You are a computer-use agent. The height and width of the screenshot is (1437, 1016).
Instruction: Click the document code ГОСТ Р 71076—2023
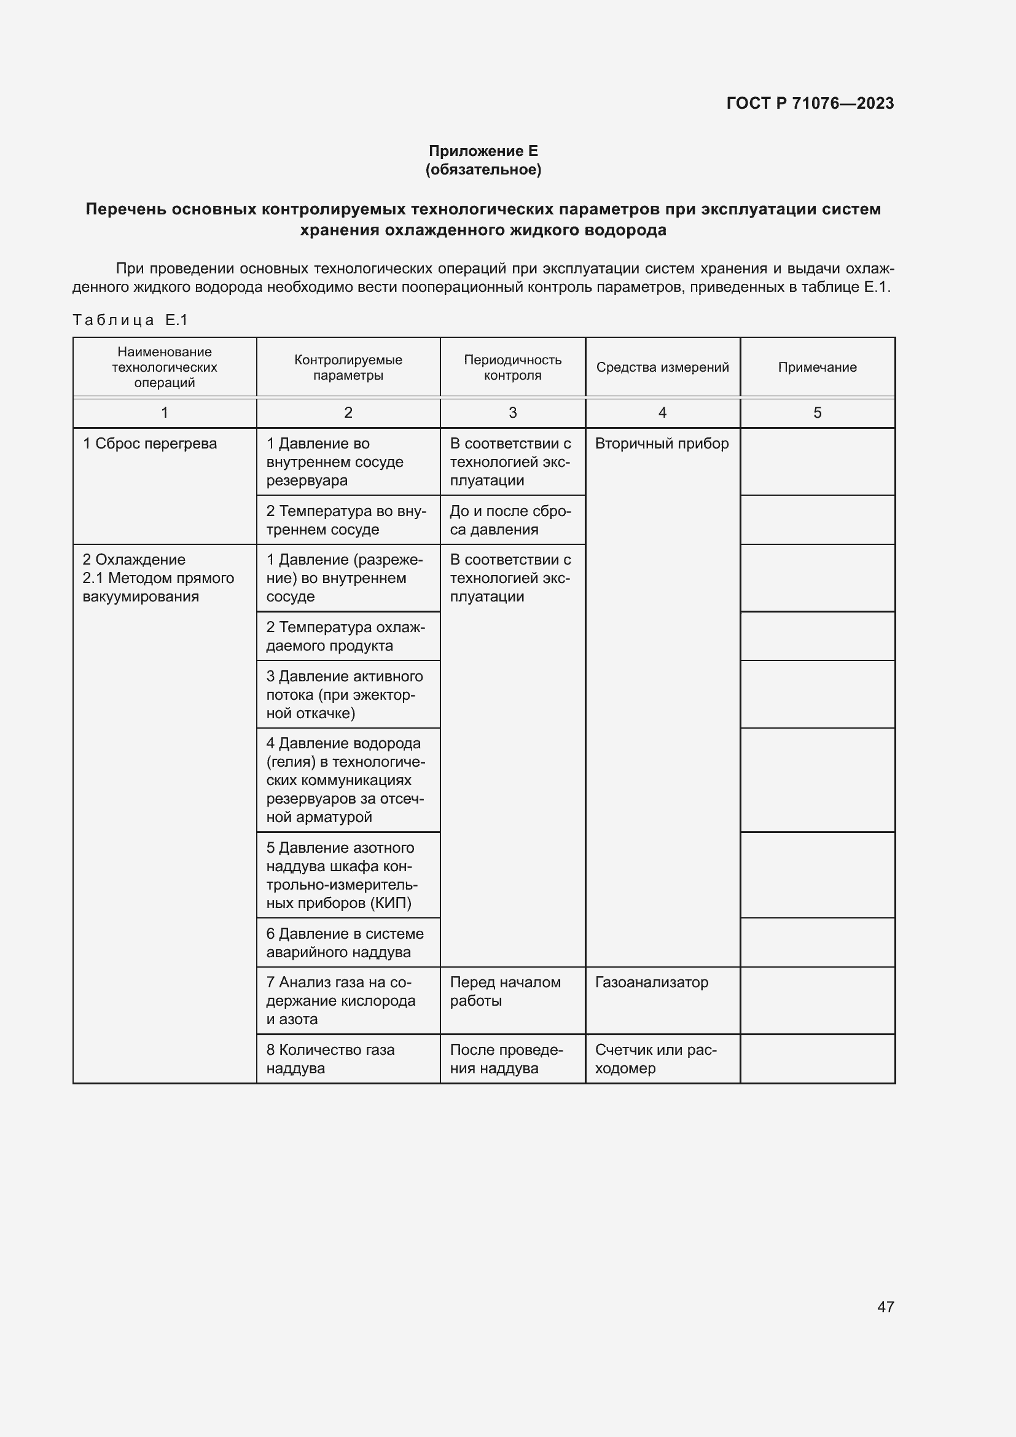tap(810, 103)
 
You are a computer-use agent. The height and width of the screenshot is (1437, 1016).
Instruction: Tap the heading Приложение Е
tap(483, 151)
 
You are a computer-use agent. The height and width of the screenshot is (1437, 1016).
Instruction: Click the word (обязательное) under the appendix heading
tap(483, 170)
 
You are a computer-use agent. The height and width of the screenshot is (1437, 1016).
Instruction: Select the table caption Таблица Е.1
tap(130, 320)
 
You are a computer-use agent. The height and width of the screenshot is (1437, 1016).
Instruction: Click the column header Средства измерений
tap(662, 367)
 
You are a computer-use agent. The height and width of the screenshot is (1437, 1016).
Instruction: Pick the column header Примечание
tap(817, 367)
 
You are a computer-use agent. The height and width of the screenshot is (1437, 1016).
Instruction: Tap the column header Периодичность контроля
tap(512, 367)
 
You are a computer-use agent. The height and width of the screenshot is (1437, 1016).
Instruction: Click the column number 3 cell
tap(512, 412)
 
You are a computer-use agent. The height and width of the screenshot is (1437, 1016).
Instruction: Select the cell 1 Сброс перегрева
tap(150, 444)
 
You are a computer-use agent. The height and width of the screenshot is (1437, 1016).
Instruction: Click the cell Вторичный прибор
tap(662, 444)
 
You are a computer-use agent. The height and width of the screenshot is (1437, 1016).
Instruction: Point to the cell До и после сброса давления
tap(510, 520)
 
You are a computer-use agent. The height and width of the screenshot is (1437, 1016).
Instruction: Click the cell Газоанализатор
tap(651, 982)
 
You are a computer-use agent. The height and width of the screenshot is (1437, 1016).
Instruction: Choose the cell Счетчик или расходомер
tap(655, 1059)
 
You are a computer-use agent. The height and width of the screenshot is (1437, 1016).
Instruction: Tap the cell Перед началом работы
tap(505, 992)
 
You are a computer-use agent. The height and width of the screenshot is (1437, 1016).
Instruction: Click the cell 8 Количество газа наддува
tap(330, 1059)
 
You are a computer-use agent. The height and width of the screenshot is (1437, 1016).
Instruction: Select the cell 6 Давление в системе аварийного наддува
tap(345, 942)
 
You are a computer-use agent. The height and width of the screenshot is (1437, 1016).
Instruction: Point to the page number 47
tap(885, 1307)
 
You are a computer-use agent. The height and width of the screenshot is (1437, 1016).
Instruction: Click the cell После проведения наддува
tap(506, 1059)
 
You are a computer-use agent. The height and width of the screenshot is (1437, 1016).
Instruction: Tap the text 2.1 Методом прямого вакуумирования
tap(158, 587)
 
